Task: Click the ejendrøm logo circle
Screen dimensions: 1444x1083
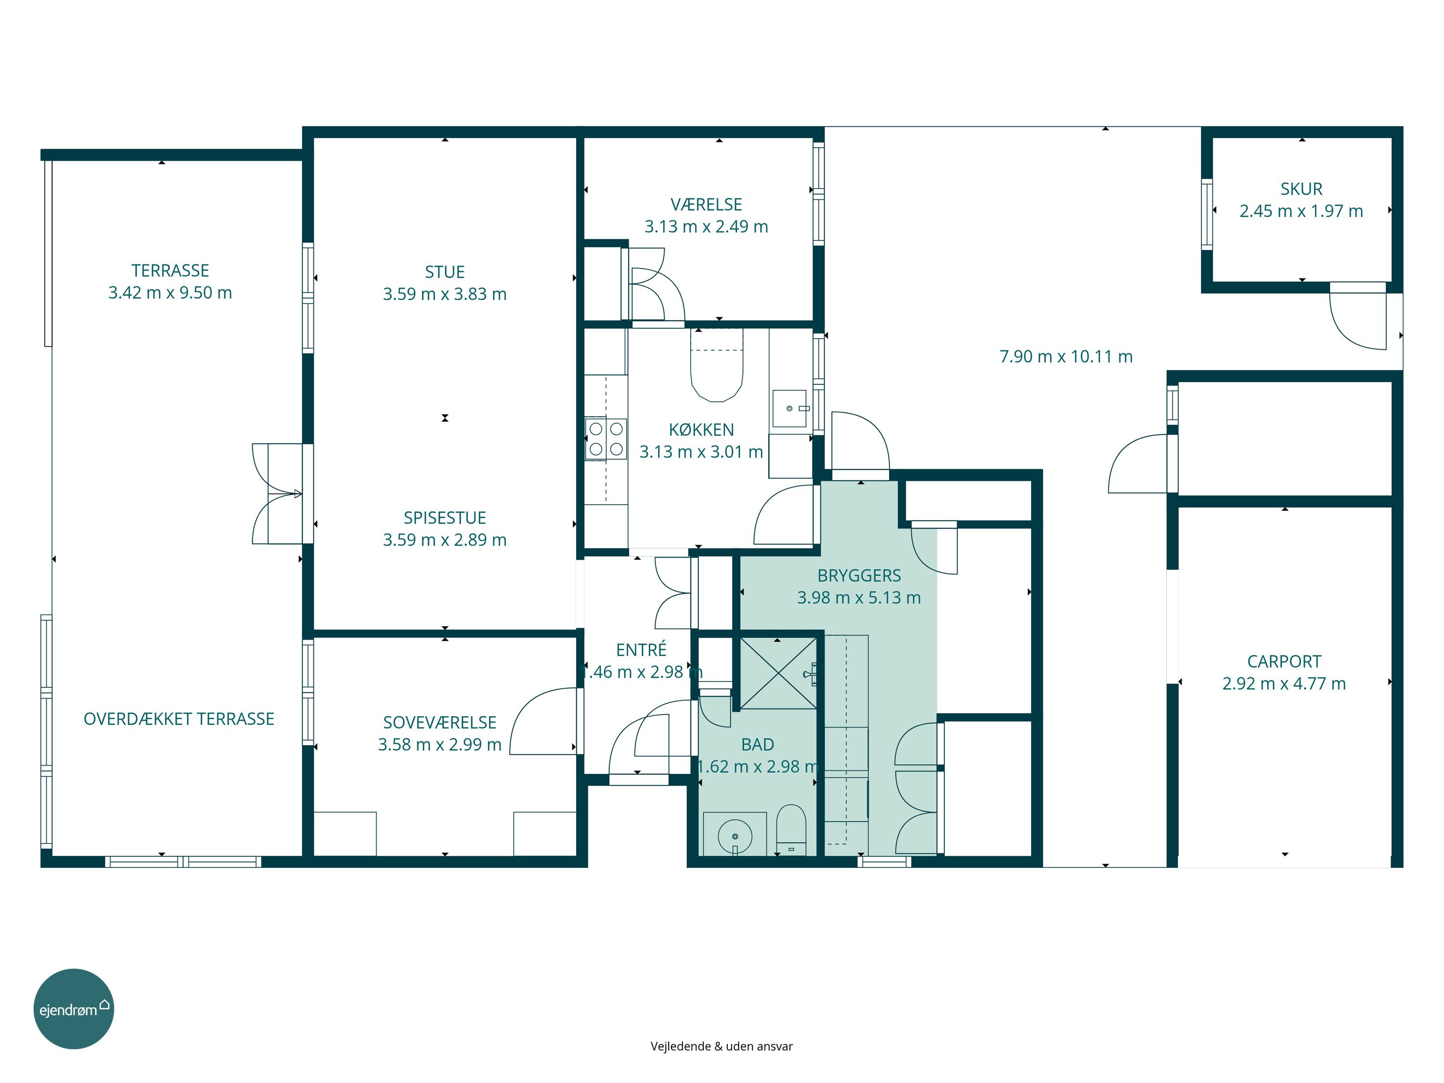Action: (74, 1008)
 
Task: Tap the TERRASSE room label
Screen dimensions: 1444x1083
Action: (170, 270)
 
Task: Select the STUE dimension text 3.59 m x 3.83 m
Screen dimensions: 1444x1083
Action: (445, 294)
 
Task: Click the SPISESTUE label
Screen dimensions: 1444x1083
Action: (445, 517)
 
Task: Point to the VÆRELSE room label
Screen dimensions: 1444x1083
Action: (706, 205)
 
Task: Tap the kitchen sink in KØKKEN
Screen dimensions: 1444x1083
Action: (790, 409)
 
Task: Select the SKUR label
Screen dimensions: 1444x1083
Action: (1301, 189)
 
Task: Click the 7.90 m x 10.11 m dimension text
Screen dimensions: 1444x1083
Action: (1066, 357)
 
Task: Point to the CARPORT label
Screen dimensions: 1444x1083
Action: (1284, 661)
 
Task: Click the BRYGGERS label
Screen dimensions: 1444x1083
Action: (859, 575)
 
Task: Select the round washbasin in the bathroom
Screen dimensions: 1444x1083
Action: (735, 836)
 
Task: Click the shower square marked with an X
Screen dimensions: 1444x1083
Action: (778, 673)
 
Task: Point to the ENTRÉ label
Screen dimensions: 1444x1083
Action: (641, 649)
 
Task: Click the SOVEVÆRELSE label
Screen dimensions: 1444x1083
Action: (439, 722)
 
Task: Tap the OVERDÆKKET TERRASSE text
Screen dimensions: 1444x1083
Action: (179, 719)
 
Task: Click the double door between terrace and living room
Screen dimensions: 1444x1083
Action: (277, 494)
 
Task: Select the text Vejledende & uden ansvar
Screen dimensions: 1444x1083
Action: (722, 1046)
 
